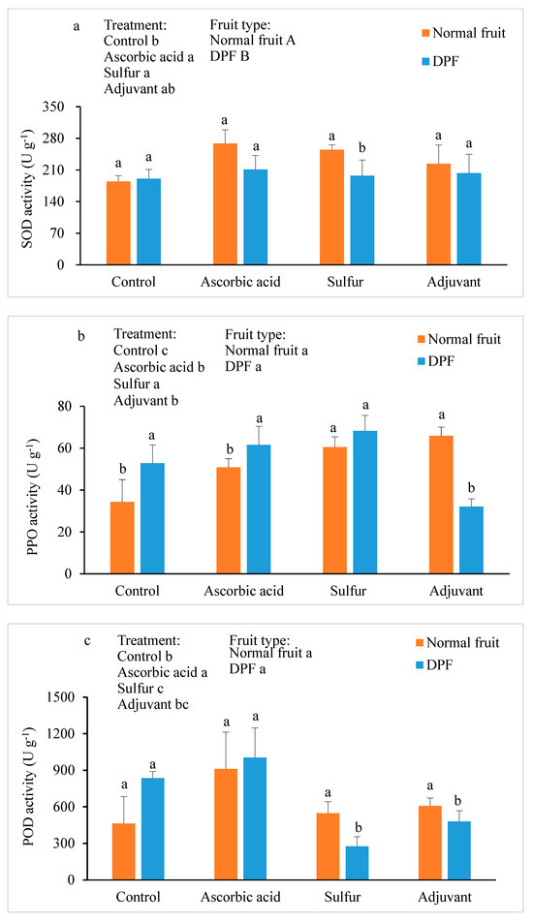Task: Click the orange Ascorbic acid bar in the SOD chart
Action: pyautogui.click(x=225, y=203)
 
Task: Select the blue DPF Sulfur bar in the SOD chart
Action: pyautogui.click(x=362, y=220)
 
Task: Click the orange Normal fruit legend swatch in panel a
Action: pyautogui.click(x=425, y=34)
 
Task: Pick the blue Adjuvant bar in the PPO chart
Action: pyautogui.click(x=471, y=539)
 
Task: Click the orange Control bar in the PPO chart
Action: pyautogui.click(x=122, y=538)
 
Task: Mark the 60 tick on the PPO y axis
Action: pyautogui.click(x=64, y=448)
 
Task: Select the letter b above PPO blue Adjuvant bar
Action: pyautogui.click(x=471, y=488)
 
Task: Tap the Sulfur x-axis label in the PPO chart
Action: pyautogui.click(x=349, y=591)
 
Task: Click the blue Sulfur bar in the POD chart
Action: pyautogui.click(x=357, y=863)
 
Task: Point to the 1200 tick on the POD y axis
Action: pyautogui.click(x=61, y=734)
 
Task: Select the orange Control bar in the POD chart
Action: pyautogui.click(x=124, y=851)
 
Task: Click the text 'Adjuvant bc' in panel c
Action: pyautogui.click(x=153, y=704)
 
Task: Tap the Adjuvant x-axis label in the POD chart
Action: pyautogui.click(x=445, y=897)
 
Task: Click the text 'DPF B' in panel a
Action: pyautogui.click(x=229, y=56)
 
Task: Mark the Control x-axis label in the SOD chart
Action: pyautogui.click(x=134, y=282)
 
